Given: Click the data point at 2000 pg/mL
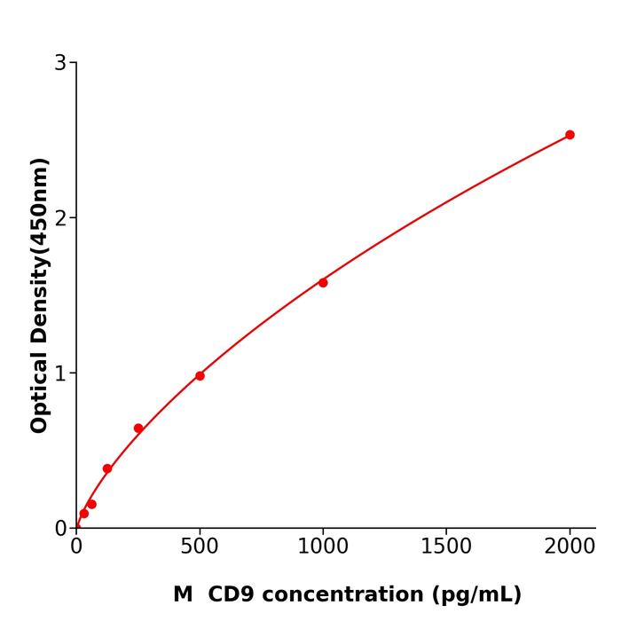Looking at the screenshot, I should point(570,135).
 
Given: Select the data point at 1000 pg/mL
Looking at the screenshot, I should point(323,282).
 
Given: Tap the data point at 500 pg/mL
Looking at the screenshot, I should point(200,376).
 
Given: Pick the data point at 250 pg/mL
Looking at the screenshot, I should point(138,428).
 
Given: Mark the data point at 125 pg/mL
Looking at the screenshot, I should point(107,468).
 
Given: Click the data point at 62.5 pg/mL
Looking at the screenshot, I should point(91,504).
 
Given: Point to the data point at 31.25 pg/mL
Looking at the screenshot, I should point(84,514).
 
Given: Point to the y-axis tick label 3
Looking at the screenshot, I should point(60,63).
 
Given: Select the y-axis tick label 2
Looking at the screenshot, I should point(60,218).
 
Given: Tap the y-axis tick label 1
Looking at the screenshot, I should point(60,373).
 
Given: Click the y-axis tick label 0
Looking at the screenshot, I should point(60,529).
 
